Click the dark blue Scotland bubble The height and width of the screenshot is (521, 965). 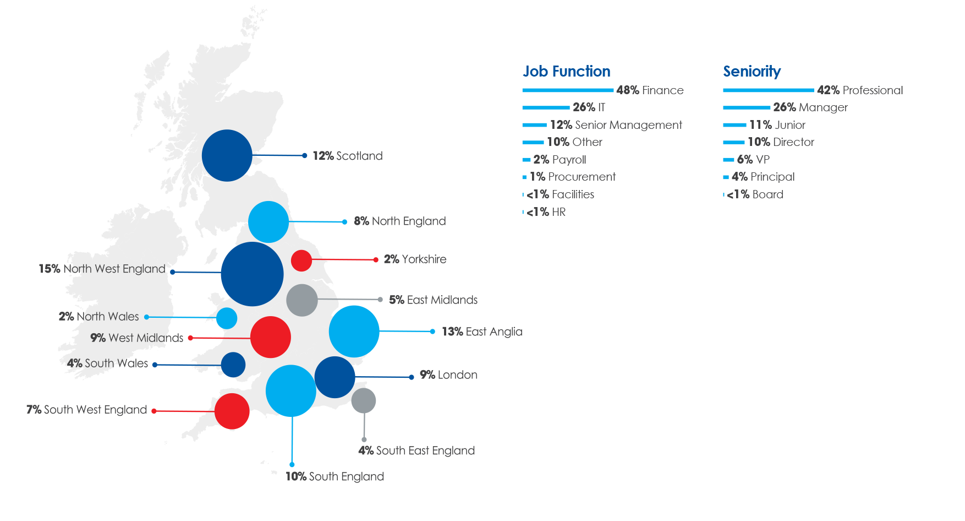227,155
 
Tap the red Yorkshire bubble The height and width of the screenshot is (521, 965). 301,260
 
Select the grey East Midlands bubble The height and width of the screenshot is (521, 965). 302,300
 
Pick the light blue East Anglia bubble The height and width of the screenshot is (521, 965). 354,332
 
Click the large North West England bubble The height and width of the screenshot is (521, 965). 252,274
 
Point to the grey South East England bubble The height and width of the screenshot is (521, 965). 364,400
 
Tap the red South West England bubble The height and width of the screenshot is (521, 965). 232,411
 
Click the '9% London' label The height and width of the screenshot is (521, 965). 448,375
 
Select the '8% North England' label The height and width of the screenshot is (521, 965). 400,221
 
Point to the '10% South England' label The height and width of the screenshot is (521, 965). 335,476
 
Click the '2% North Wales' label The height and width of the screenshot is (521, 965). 99,317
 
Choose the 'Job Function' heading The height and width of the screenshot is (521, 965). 566,72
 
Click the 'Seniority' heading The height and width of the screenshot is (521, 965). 752,72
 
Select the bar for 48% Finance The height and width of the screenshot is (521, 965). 568,90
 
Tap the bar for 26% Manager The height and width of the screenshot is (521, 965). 747,107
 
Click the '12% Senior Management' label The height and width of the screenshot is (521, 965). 616,125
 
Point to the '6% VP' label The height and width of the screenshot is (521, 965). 753,160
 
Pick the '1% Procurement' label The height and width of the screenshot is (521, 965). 573,177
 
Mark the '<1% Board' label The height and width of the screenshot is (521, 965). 755,194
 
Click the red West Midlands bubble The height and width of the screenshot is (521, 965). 270,337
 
